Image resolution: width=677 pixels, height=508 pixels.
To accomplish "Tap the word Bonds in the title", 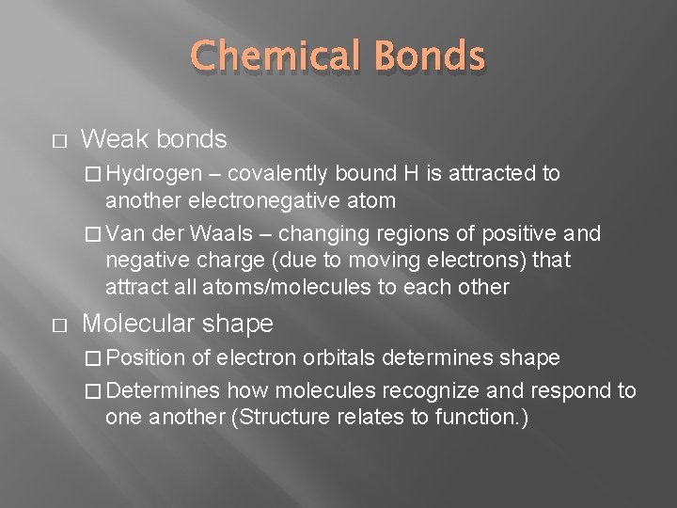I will click(x=431, y=56).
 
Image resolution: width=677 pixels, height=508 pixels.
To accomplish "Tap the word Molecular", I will click(x=136, y=324).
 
